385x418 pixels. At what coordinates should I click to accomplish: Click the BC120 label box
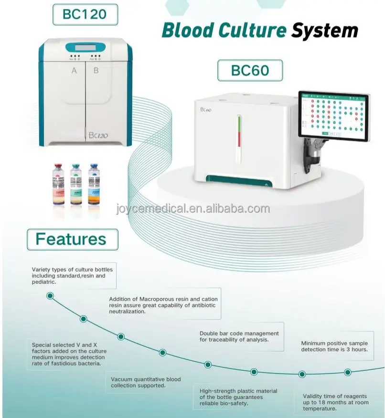pyautogui.click(x=85, y=14)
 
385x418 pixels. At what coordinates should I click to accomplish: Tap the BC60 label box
pyautogui.click(x=250, y=70)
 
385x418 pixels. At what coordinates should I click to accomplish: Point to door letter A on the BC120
pyautogui.click(x=74, y=71)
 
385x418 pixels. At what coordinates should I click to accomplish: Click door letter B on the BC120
pyautogui.click(x=96, y=71)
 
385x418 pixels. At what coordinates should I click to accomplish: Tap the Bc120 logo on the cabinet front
pyautogui.click(x=98, y=135)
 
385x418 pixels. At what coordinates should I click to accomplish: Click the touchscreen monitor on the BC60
pyautogui.click(x=333, y=116)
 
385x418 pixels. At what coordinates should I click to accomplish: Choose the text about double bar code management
pyautogui.click(x=239, y=336)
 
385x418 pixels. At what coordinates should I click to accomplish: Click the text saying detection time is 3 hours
pyautogui.click(x=334, y=346)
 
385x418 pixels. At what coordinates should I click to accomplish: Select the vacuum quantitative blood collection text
pyautogui.click(x=146, y=382)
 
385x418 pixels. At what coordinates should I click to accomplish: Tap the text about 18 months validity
pyautogui.click(x=336, y=402)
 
